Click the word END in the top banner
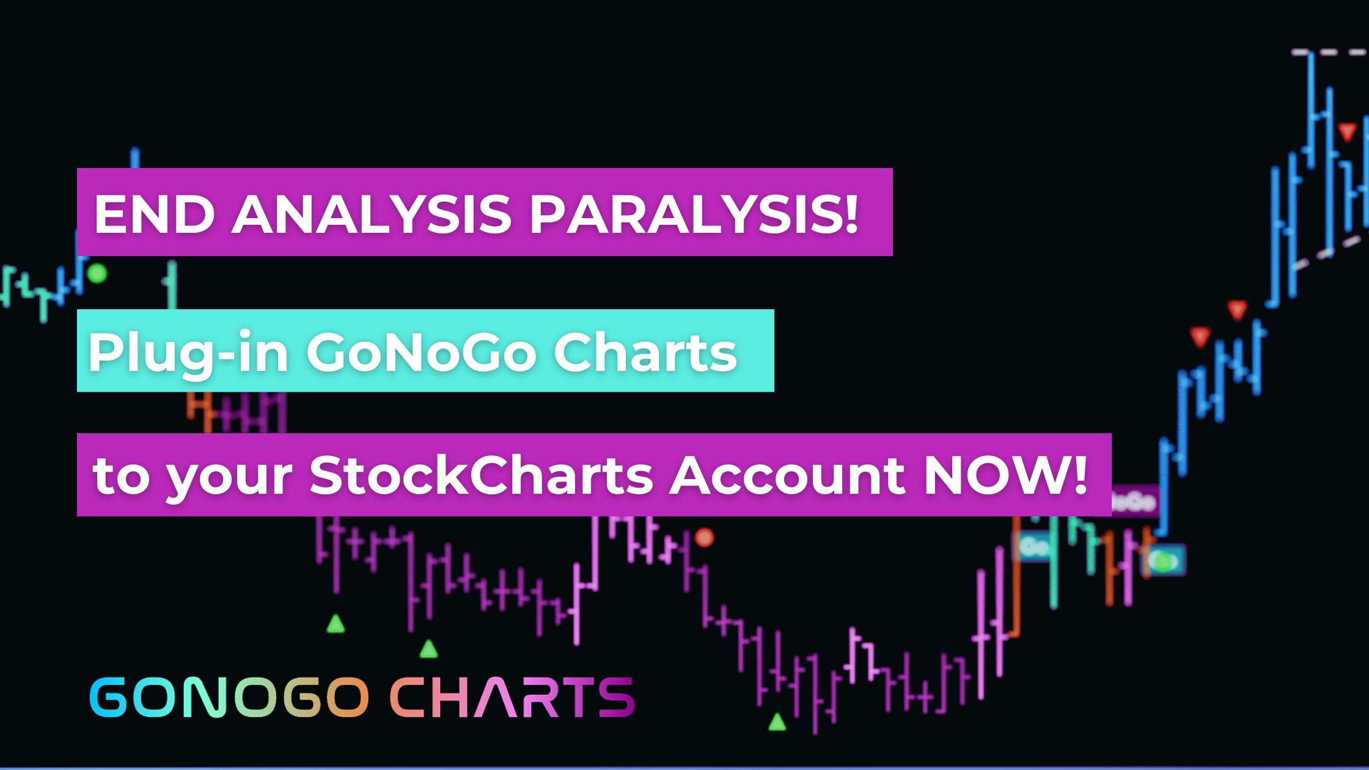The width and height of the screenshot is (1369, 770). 153,215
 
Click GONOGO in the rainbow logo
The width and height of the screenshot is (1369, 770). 229,697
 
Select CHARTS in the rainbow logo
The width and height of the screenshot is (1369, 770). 513,697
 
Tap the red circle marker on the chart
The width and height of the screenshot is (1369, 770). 705,538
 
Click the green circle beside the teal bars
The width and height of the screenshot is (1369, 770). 97,273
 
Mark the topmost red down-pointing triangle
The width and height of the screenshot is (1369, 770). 1347,132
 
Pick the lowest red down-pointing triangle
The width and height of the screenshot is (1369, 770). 1200,337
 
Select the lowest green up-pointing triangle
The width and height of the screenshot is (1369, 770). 777,722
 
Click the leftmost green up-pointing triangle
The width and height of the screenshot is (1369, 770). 336,624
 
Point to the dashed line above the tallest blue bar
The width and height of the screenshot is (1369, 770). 1330,53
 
